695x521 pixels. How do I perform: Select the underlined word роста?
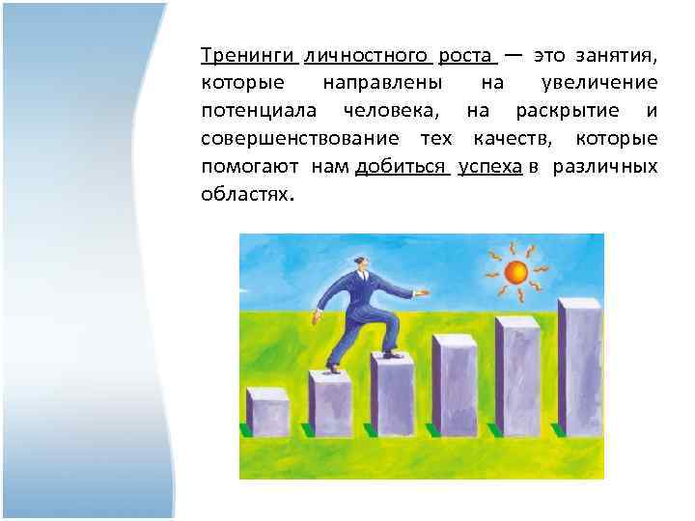(466, 55)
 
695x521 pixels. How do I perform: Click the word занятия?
(623, 55)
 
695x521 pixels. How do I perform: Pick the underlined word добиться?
(400, 167)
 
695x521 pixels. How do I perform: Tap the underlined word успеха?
(490, 167)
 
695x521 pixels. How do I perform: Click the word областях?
(245, 195)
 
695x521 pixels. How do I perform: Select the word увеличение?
(599, 83)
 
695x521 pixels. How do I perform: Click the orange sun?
(516, 271)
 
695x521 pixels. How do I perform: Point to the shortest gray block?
(267, 412)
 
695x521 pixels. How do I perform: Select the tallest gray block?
(579, 367)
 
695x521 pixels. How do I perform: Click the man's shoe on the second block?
(333, 369)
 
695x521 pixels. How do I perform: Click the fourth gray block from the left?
(455, 386)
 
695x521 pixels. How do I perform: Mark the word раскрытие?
(561, 111)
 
